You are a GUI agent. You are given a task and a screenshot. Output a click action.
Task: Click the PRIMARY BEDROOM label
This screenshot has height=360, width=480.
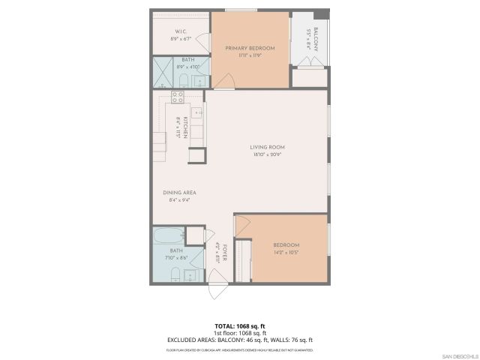[250, 48]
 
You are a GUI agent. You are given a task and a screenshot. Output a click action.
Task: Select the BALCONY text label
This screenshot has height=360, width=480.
[316, 34]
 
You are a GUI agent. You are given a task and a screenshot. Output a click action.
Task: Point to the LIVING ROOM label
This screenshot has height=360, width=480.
[267, 147]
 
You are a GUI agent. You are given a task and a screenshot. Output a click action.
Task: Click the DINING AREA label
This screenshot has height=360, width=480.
[179, 193]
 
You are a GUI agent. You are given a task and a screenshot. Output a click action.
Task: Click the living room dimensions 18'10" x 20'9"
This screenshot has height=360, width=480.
[267, 154]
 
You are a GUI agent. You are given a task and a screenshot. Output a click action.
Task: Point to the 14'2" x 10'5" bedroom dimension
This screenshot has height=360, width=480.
[286, 253]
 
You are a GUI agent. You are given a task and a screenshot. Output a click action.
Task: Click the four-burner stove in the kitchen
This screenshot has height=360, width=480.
[178, 95]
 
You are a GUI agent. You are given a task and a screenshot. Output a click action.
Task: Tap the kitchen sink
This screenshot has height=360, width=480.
[196, 114]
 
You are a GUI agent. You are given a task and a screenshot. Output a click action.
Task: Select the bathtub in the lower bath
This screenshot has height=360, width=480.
[168, 236]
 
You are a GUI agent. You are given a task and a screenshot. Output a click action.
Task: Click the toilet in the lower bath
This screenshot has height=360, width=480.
[174, 272]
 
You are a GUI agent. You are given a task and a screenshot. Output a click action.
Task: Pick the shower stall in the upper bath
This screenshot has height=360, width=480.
[163, 73]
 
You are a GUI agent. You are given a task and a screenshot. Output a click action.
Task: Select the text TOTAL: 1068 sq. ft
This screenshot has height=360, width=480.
[239, 326]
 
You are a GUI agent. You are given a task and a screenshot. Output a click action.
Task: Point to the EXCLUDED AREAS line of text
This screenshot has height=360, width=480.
[239, 340]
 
